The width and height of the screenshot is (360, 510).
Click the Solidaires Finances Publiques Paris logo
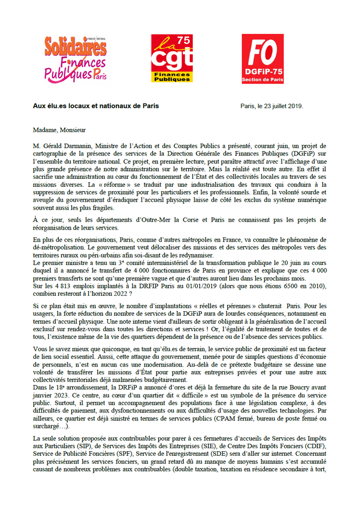coord(75,58)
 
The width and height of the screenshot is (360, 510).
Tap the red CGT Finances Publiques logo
coord(172,58)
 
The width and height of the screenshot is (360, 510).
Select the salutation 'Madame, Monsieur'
coord(59,130)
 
